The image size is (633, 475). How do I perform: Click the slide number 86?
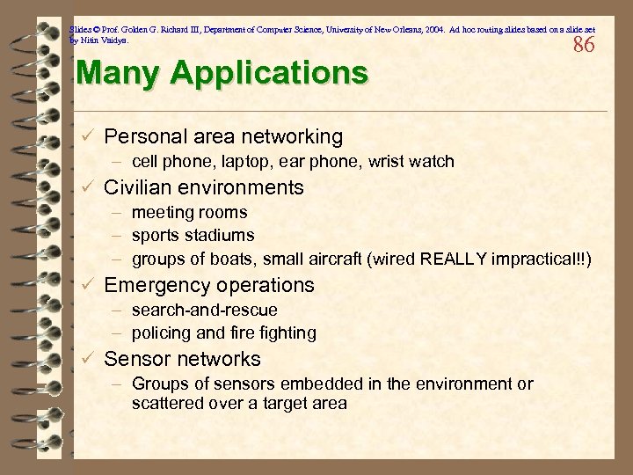tap(584, 45)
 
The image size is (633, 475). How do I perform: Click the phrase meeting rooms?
tap(189, 212)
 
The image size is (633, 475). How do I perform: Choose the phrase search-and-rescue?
tap(204, 310)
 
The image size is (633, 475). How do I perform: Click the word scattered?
tap(164, 404)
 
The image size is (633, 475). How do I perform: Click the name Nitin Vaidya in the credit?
tap(105, 40)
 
